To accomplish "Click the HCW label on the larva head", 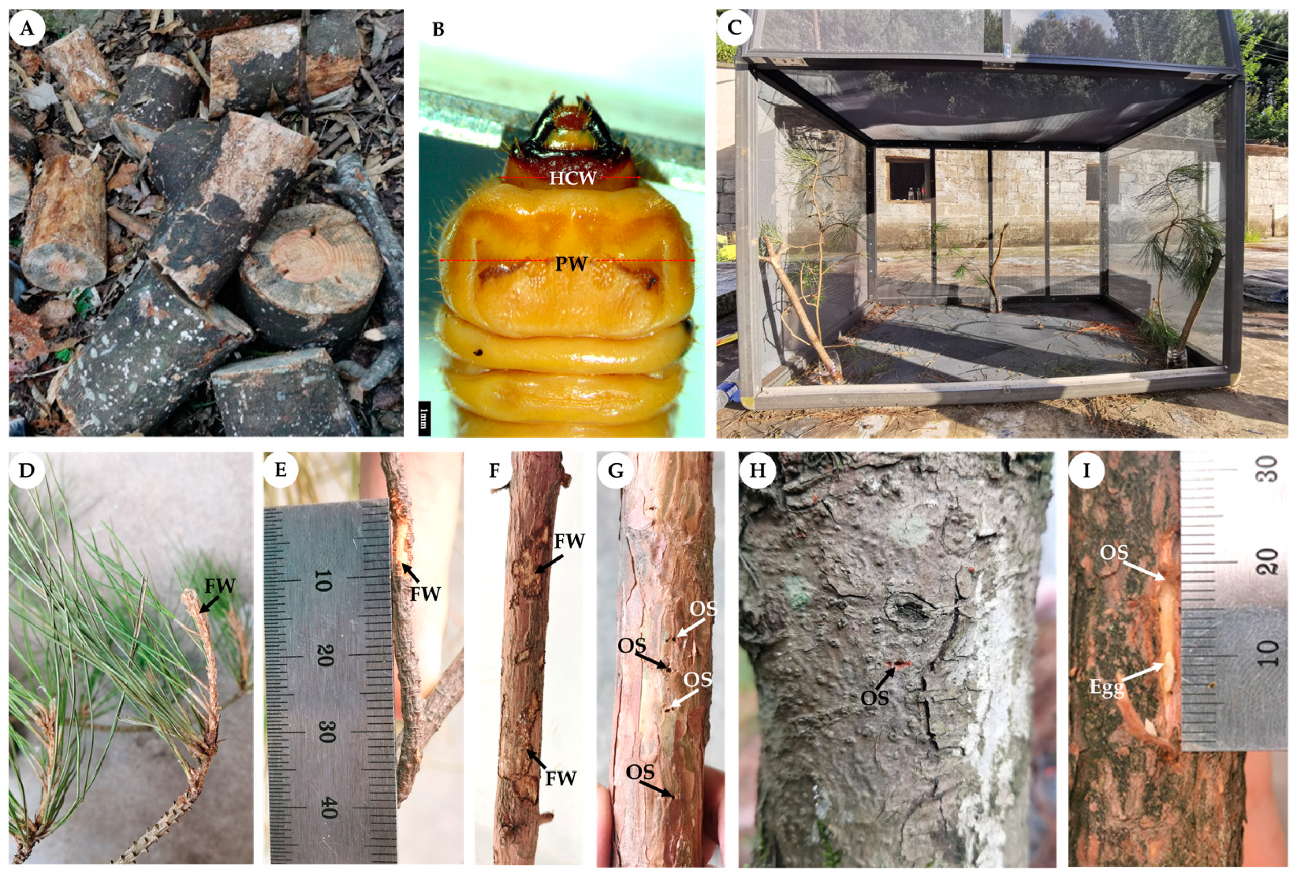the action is coord(573,178).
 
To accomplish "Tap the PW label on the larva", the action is coord(571,263).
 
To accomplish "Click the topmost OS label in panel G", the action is coord(703,609).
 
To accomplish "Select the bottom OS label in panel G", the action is coord(640,772).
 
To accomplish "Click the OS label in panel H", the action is coord(874,697).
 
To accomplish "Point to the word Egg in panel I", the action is coord(1107,689).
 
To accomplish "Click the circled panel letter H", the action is coord(757,470).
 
